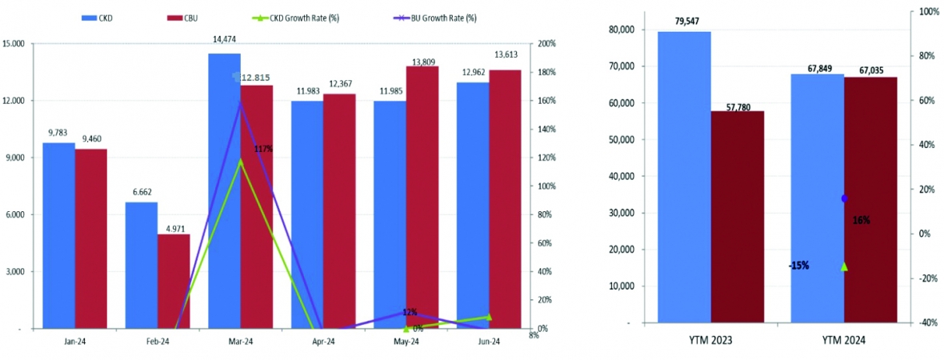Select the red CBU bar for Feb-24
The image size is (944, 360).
pyautogui.click(x=173, y=281)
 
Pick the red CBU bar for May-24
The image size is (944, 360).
pyautogui.click(x=422, y=197)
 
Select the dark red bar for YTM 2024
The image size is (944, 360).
pyautogui.click(x=870, y=200)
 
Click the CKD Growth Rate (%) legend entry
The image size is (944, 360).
pyautogui.click(x=299, y=17)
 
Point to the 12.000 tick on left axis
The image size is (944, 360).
pyautogui.click(x=14, y=101)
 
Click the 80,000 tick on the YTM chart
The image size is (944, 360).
pyautogui.click(x=622, y=30)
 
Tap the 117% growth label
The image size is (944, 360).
pyautogui.click(x=263, y=149)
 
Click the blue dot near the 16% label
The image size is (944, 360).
pyautogui.click(x=844, y=198)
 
